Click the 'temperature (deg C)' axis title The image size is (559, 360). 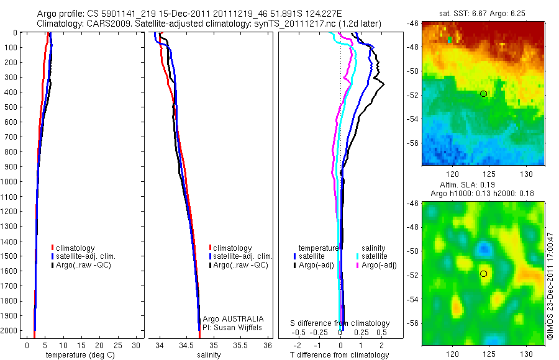[x=78, y=355]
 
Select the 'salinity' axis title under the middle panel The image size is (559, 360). [x=209, y=355]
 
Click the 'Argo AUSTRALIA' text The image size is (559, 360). [x=229, y=318]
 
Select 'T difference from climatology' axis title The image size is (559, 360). [x=340, y=355]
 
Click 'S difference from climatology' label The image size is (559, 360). [x=340, y=323]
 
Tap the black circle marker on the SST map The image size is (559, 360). [x=483, y=94]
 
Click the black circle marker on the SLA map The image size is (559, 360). [x=483, y=273]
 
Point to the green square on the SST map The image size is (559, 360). [x=450, y=40]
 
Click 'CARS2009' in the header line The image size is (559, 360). [x=102, y=23]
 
